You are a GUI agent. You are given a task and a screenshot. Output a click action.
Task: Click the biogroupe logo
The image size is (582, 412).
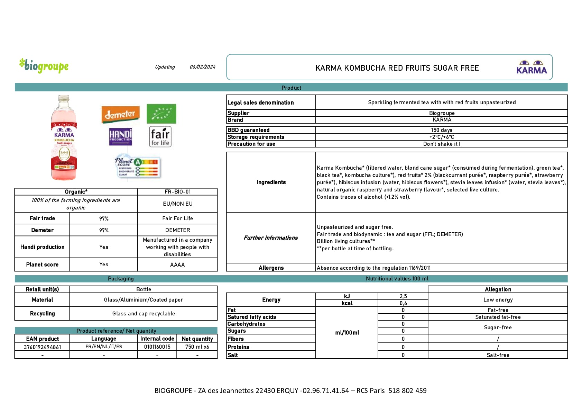point(44,66)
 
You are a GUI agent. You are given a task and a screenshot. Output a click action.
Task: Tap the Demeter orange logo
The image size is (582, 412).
point(120,114)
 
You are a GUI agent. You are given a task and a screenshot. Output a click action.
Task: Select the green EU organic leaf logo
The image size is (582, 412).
point(161,114)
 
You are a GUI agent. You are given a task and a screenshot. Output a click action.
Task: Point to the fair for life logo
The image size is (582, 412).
point(160,137)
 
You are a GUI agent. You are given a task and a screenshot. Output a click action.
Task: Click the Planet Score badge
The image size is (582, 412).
point(137,167)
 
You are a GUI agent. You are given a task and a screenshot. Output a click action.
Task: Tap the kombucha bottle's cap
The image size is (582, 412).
point(64,98)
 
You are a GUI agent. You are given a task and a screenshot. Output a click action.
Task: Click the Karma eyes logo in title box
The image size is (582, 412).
point(532,67)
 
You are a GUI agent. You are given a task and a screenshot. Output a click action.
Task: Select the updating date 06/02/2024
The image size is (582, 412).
point(202,67)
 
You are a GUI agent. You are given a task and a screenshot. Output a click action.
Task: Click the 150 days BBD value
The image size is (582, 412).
point(442,130)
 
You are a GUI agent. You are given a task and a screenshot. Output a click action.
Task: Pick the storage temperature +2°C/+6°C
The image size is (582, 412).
point(442,137)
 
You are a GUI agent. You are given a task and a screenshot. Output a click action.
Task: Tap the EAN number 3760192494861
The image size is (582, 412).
point(42,347)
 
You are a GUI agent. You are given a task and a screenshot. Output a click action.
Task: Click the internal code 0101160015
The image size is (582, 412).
point(157,347)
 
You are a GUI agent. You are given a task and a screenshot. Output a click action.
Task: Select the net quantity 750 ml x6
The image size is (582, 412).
point(197,347)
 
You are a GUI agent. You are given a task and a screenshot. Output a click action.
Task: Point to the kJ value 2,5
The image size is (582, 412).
point(403,296)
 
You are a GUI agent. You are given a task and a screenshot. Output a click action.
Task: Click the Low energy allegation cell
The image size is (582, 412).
point(498,300)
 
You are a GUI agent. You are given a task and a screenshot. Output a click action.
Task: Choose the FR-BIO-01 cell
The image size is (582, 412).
point(177,192)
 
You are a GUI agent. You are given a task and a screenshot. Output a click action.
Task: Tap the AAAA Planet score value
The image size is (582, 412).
point(177,265)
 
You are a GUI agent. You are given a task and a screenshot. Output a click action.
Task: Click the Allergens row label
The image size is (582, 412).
point(271,268)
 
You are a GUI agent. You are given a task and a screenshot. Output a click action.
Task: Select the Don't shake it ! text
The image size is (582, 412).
point(442,144)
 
